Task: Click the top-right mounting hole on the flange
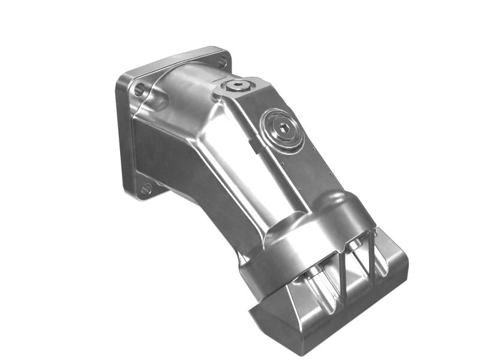221,61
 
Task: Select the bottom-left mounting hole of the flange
146,190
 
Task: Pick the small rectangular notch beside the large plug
254,145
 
